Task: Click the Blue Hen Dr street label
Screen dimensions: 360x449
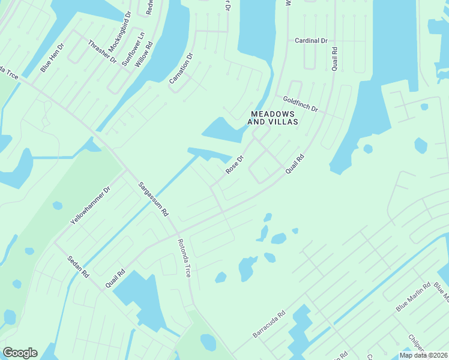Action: tap(52, 58)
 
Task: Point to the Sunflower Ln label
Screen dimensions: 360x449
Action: tap(133, 49)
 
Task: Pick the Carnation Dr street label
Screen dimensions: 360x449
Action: tap(181, 73)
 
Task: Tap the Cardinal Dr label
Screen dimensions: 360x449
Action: tap(311, 41)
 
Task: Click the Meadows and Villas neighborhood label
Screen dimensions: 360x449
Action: tap(274, 117)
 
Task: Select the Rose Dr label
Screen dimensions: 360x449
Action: tap(234, 166)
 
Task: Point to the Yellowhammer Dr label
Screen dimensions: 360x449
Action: tap(91, 205)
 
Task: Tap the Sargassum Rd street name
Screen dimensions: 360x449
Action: tap(154, 199)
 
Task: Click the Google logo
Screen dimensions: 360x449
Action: tap(20, 353)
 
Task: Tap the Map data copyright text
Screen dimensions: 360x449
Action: tap(423, 355)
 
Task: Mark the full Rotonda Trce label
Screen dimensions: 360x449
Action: tap(184, 257)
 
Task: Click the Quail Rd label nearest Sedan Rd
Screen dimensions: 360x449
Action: tap(115, 278)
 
